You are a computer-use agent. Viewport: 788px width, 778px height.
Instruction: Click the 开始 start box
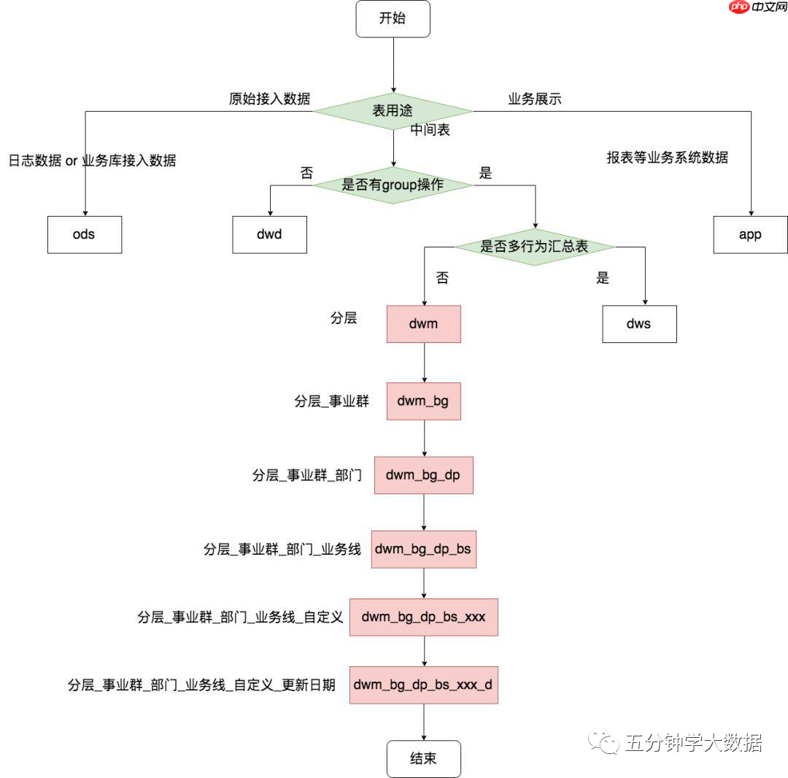(x=393, y=19)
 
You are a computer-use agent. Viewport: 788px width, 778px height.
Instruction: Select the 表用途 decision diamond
(x=393, y=112)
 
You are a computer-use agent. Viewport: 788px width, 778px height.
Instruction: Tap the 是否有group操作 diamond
(x=393, y=185)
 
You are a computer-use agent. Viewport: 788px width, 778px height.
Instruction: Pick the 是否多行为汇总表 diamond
(x=534, y=247)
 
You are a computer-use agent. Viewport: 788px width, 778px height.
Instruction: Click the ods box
(x=85, y=234)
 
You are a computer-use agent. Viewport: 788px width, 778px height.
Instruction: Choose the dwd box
(x=269, y=234)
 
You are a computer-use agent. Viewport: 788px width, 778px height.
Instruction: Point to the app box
(x=750, y=234)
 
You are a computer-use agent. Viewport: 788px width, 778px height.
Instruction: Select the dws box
(x=639, y=323)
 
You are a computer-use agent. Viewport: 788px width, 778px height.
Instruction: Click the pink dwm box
(x=423, y=323)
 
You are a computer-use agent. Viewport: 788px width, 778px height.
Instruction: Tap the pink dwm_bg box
(x=423, y=401)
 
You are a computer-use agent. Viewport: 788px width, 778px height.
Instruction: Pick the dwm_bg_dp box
(x=423, y=475)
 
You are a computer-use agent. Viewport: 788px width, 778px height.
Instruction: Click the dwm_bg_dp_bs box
(x=423, y=549)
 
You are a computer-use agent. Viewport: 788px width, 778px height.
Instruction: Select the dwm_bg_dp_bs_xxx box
(x=423, y=617)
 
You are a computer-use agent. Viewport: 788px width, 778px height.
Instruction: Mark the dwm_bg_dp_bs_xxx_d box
(x=423, y=685)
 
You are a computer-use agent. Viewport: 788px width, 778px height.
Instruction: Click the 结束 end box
(x=423, y=759)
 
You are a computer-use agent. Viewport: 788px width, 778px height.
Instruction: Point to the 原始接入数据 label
(x=269, y=99)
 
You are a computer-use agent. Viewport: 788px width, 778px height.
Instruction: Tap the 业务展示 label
(x=535, y=99)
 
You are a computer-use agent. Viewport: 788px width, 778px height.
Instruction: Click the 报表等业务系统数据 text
(x=667, y=157)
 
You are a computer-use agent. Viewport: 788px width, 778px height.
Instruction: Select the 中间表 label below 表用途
(x=430, y=131)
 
